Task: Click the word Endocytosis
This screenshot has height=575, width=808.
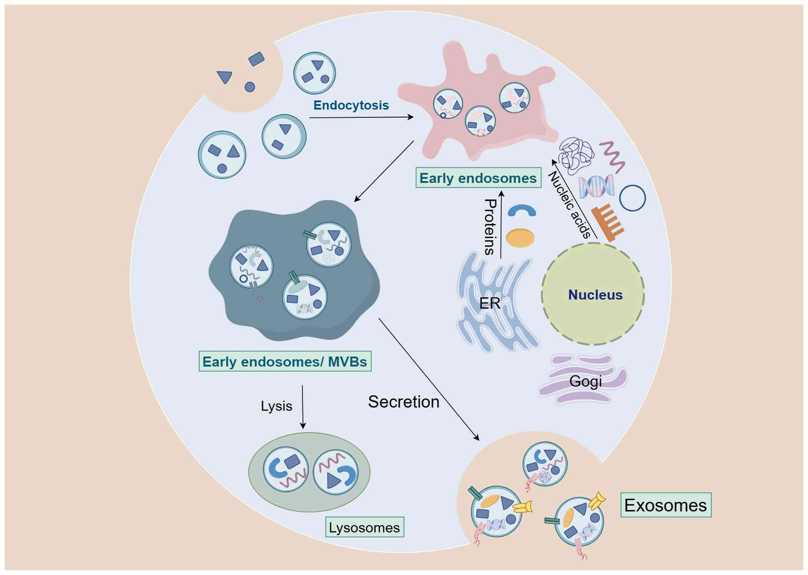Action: pyautogui.click(x=351, y=105)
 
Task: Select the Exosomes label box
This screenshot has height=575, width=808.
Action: pyautogui.click(x=666, y=505)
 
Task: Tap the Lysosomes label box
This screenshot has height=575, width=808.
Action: pyautogui.click(x=364, y=528)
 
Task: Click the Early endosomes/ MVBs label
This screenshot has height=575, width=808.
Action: pyautogui.click(x=285, y=361)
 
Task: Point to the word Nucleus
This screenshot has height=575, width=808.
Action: pyautogui.click(x=595, y=295)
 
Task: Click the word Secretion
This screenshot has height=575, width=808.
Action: pyautogui.click(x=403, y=402)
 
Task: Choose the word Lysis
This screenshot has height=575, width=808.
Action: pyautogui.click(x=276, y=406)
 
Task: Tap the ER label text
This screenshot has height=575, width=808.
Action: pyautogui.click(x=489, y=304)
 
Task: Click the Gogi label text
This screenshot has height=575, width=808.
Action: pyautogui.click(x=585, y=381)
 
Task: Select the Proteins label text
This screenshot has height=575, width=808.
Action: pyautogui.click(x=490, y=227)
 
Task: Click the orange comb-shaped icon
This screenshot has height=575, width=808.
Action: pyautogui.click(x=607, y=223)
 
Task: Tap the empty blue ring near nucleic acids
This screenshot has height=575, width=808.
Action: pyautogui.click(x=632, y=198)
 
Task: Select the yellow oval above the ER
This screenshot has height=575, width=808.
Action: pyautogui.click(x=520, y=238)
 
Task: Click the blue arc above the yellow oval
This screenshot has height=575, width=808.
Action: pyautogui.click(x=522, y=211)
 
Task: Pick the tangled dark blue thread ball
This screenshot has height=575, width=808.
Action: pyautogui.click(x=575, y=155)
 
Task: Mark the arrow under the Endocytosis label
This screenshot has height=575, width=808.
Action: pyautogui.click(x=361, y=117)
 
